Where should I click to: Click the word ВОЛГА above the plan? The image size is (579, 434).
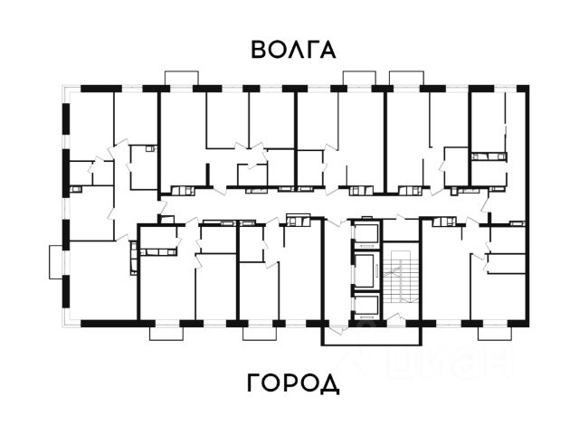tap(293, 49)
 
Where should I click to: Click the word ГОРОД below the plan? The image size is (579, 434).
tap(293, 384)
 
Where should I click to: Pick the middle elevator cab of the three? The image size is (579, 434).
tap(366, 270)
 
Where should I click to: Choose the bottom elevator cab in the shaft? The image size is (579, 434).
tap(366, 306)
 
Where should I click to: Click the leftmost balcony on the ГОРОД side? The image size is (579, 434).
tap(166, 332)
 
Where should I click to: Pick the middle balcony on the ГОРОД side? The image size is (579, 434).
tap(259, 332)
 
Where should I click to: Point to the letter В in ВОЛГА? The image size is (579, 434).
tap(260, 49)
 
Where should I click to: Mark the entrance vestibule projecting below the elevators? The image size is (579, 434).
tap(371, 335)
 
